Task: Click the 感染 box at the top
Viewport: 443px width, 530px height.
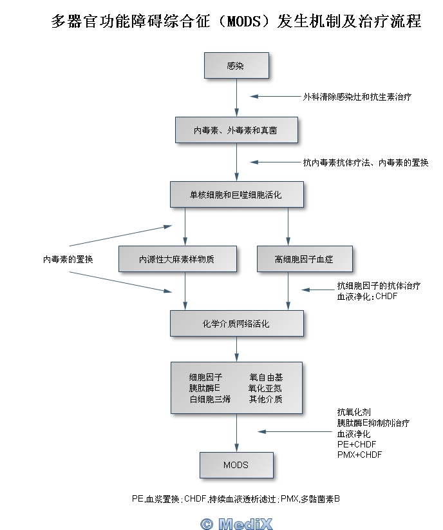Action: click(236, 66)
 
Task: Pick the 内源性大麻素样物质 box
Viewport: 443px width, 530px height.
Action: click(177, 259)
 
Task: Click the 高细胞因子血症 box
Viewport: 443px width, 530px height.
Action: click(305, 259)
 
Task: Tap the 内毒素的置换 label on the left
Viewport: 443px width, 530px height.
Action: click(68, 259)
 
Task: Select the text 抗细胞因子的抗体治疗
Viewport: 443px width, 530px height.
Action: click(379, 286)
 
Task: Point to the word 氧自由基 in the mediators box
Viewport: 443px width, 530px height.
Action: click(265, 377)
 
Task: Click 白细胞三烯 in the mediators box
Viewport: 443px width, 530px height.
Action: click(210, 399)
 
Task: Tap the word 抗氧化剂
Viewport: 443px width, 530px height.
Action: click(353, 412)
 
